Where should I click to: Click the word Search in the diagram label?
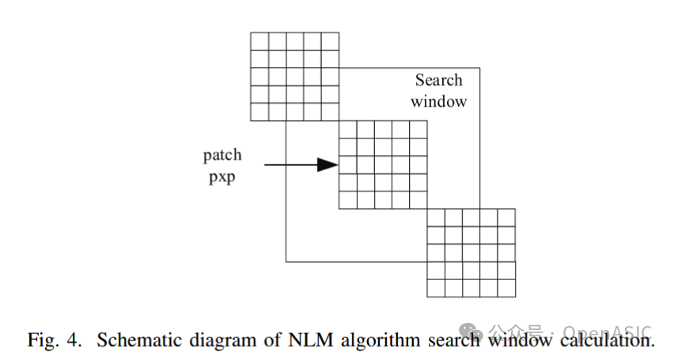[438, 81]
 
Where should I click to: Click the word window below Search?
[438, 102]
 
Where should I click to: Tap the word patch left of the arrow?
[222, 154]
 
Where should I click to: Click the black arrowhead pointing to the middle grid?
[327, 165]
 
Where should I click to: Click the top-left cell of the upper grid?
[259, 41]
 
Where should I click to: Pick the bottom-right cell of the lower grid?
[506, 288]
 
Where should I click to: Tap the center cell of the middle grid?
[383, 165]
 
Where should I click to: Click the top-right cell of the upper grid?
[330, 41]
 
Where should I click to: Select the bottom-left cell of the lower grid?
[436, 288]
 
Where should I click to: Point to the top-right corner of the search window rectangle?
[480, 68]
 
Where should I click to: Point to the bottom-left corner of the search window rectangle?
[286, 261]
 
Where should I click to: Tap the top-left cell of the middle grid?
[347, 129]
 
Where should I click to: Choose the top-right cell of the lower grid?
[506, 218]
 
